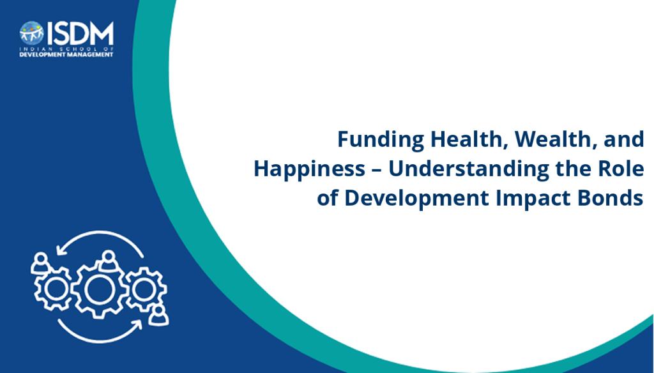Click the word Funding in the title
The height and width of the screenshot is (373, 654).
coord(381,140)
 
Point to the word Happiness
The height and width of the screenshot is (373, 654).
coord(310,169)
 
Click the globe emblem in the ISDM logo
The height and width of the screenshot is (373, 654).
coord(32,33)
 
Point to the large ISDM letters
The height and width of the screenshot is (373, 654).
coord(80,33)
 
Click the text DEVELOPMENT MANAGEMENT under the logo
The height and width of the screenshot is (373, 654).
coord(66,55)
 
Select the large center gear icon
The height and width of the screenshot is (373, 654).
coord(100,289)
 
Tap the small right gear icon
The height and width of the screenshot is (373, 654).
coord(145,289)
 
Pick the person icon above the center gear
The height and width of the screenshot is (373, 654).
coord(109,261)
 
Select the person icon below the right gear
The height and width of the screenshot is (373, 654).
coord(158,316)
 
